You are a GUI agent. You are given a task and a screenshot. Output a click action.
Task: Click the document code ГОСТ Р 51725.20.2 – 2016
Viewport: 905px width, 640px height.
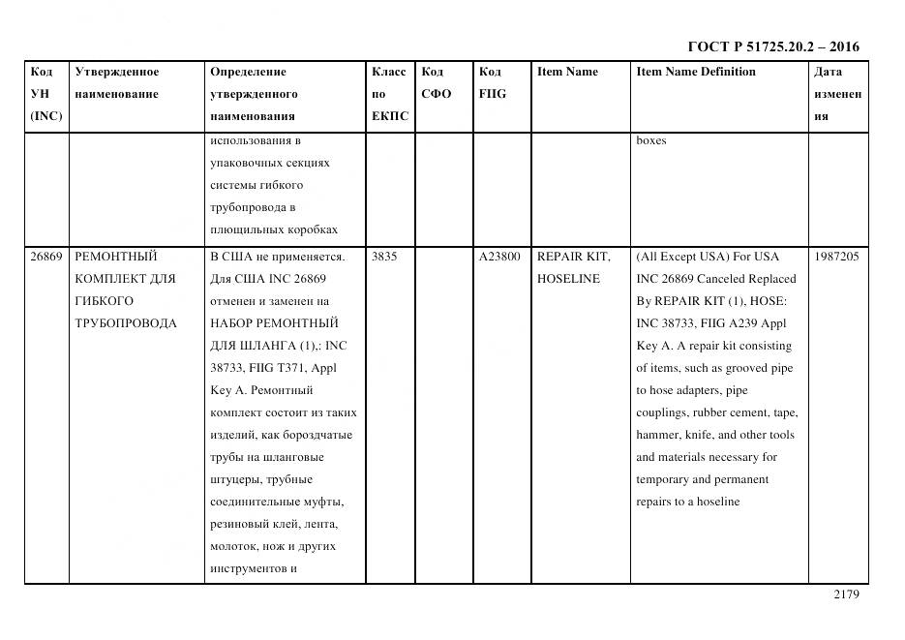[772, 46]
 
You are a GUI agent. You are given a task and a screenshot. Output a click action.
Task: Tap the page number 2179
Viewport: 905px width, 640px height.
[846, 594]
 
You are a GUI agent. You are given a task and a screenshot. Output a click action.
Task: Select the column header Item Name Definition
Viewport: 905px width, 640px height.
[696, 72]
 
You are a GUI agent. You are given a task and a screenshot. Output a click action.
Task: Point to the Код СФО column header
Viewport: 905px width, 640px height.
[437, 82]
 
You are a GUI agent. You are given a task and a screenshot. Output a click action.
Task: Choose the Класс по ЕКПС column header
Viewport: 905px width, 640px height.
[390, 94]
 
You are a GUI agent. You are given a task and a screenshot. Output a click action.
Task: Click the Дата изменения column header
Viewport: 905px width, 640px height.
[837, 94]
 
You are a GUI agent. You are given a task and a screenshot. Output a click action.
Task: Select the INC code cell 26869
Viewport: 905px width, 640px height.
[45, 257]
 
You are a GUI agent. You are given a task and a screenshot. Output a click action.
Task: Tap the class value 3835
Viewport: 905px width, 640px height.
[384, 257]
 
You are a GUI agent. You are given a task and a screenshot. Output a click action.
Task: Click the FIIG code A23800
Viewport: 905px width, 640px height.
[499, 257]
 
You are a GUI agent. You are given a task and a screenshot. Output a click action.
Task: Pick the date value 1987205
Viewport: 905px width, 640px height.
[837, 257]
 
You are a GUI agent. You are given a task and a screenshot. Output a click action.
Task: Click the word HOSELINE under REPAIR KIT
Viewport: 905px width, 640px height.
[568, 279]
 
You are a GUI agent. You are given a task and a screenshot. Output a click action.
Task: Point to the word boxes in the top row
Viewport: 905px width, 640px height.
[650, 140]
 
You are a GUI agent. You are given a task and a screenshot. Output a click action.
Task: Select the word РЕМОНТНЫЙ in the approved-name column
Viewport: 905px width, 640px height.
[115, 257]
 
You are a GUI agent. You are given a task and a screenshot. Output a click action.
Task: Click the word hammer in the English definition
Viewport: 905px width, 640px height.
[657, 435]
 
